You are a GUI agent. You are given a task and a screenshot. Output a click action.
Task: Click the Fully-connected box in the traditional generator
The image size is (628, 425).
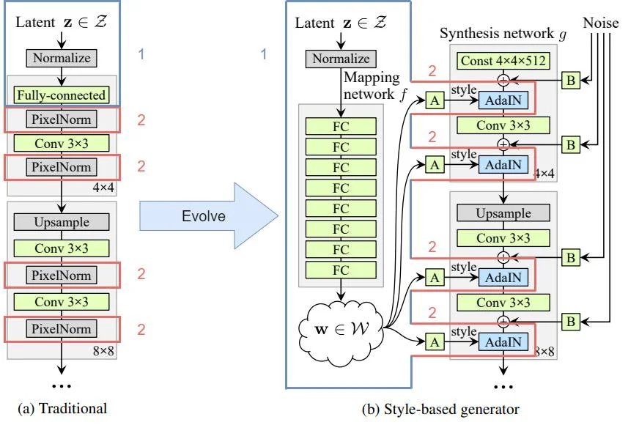62,95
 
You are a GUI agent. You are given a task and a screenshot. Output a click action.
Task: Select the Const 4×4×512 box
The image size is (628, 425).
503,61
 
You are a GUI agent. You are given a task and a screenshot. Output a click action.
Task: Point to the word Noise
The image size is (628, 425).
600,23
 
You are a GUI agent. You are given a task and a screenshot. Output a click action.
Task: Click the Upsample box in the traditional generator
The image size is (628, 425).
62,221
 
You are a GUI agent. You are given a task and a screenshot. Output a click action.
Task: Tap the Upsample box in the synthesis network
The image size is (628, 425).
503,212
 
